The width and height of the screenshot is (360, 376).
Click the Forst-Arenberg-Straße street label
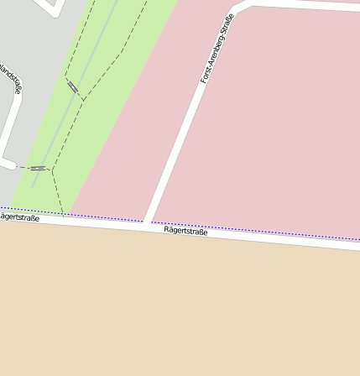point(217,49)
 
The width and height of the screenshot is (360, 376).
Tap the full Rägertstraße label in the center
point(185,231)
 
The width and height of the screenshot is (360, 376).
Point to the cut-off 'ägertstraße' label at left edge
point(19,217)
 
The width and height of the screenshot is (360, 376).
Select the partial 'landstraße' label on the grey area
point(11,79)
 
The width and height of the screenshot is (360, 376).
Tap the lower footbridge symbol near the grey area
point(38,168)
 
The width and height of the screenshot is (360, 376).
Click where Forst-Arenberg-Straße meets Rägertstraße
point(148,224)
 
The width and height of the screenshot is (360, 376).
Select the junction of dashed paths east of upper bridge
point(83,99)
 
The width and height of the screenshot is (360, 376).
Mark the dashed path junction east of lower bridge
point(52,170)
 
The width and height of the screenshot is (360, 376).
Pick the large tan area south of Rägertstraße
point(180,311)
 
